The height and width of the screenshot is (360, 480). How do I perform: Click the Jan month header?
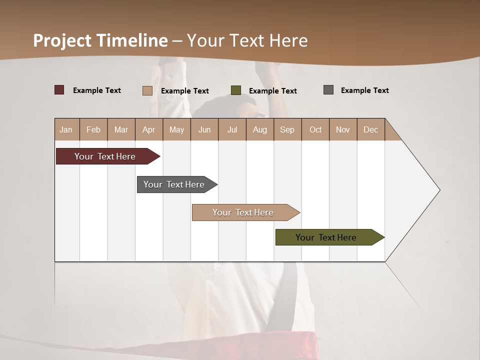click(x=66, y=129)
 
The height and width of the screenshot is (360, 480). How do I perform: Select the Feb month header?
click(x=93, y=129)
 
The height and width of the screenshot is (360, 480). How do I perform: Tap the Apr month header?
click(x=148, y=129)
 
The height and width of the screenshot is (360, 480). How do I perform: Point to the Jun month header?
click(x=204, y=129)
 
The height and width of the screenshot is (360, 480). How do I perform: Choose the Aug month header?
click(x=259, y=129)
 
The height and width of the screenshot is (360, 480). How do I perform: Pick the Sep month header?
click(x=287, y=129)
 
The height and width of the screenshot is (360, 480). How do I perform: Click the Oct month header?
click(x=315, y=129)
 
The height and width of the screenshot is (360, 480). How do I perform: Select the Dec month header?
click(x=370, y=129)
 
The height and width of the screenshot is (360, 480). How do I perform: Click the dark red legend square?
click(x=59, y=90)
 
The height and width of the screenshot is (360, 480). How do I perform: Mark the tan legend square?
click(x=147, y=90)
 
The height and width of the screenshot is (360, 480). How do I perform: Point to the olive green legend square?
click(x=236, y=90)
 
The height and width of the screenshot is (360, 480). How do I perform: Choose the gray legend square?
click(x=328, y=90)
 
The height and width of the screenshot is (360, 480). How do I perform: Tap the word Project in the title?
click(x=63, y=40)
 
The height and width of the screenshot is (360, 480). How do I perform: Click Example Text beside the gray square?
click(x=364, y=90)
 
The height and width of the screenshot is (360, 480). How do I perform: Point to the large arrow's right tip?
click(x=439, y=190)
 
